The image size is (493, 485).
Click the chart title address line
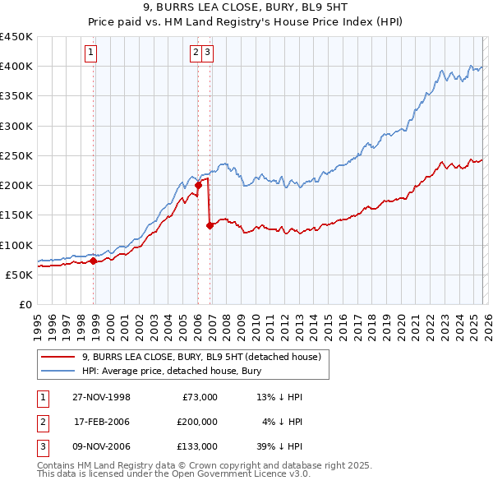click(x=246, y=9)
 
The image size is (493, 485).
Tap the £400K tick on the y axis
click(x=16, y=67)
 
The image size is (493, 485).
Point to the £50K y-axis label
click(x=19, y=275)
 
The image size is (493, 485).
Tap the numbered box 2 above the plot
click(x=197, y=53)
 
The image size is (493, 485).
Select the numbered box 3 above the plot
click(x=210, y=53)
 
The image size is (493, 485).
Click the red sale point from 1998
click(x=94, y=261)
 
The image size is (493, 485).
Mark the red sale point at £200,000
click(x=198, y=186)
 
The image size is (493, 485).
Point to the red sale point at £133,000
click(x=210, y=225)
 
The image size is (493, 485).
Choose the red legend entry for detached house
click(x=205, y=357)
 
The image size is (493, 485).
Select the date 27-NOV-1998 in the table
click(x=102, y=397)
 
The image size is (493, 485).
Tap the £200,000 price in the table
click(x=197, y=422)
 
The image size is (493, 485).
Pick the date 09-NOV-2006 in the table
click(x=102, y=446)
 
